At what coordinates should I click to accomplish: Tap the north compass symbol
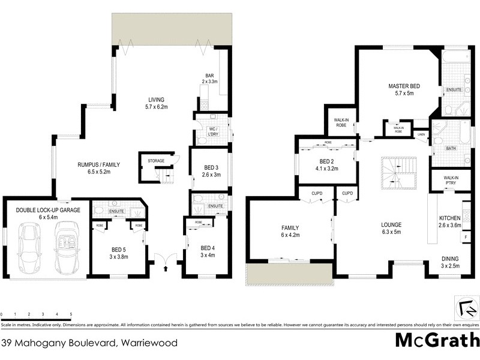coord(466,308)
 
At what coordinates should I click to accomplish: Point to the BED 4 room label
coord(208,252)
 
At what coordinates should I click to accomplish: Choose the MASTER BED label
coord(403,89)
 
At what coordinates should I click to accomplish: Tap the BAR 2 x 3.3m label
coord(209,78)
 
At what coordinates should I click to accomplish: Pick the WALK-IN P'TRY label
coord(452,180)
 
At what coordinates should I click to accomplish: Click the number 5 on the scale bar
coord(71,314)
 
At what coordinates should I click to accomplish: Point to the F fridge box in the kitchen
coord(466,238)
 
